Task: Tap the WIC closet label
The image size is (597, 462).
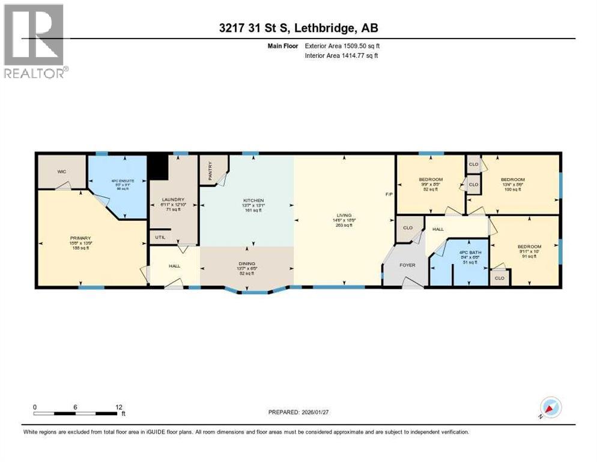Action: (61, 171)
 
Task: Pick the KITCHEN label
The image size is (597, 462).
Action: (253, 200)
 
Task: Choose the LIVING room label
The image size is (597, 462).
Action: (344, 215)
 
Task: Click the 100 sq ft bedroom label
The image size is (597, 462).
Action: (513, 180)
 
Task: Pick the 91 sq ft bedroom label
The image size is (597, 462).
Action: (529, 247)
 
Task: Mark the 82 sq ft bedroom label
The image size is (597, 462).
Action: (431, 180)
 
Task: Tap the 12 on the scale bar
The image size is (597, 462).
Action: (118, 407)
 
